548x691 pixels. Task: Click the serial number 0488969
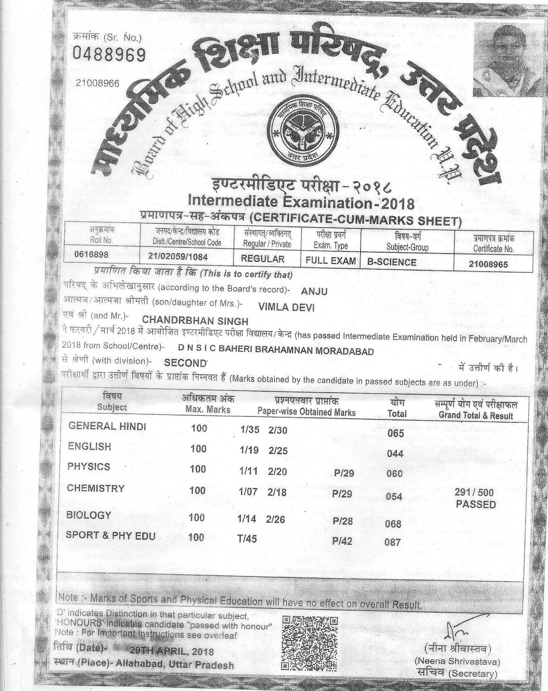(x=110, y=55)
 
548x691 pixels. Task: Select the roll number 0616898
(x=91, y=255)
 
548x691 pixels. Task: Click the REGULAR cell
(x=263, y=259)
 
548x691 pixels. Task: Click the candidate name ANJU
(x=314, y=291)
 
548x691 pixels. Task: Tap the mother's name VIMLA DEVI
(x=286, y=307)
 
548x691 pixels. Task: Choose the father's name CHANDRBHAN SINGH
(x=195, y=320)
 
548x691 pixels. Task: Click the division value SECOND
(x=185, y=363)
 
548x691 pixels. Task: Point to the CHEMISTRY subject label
(x=96, y=489)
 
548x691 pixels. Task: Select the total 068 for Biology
(x=393, y=523)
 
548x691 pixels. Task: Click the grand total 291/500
(x=474, y=492)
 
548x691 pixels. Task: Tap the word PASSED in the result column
(x=476, y=504)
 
